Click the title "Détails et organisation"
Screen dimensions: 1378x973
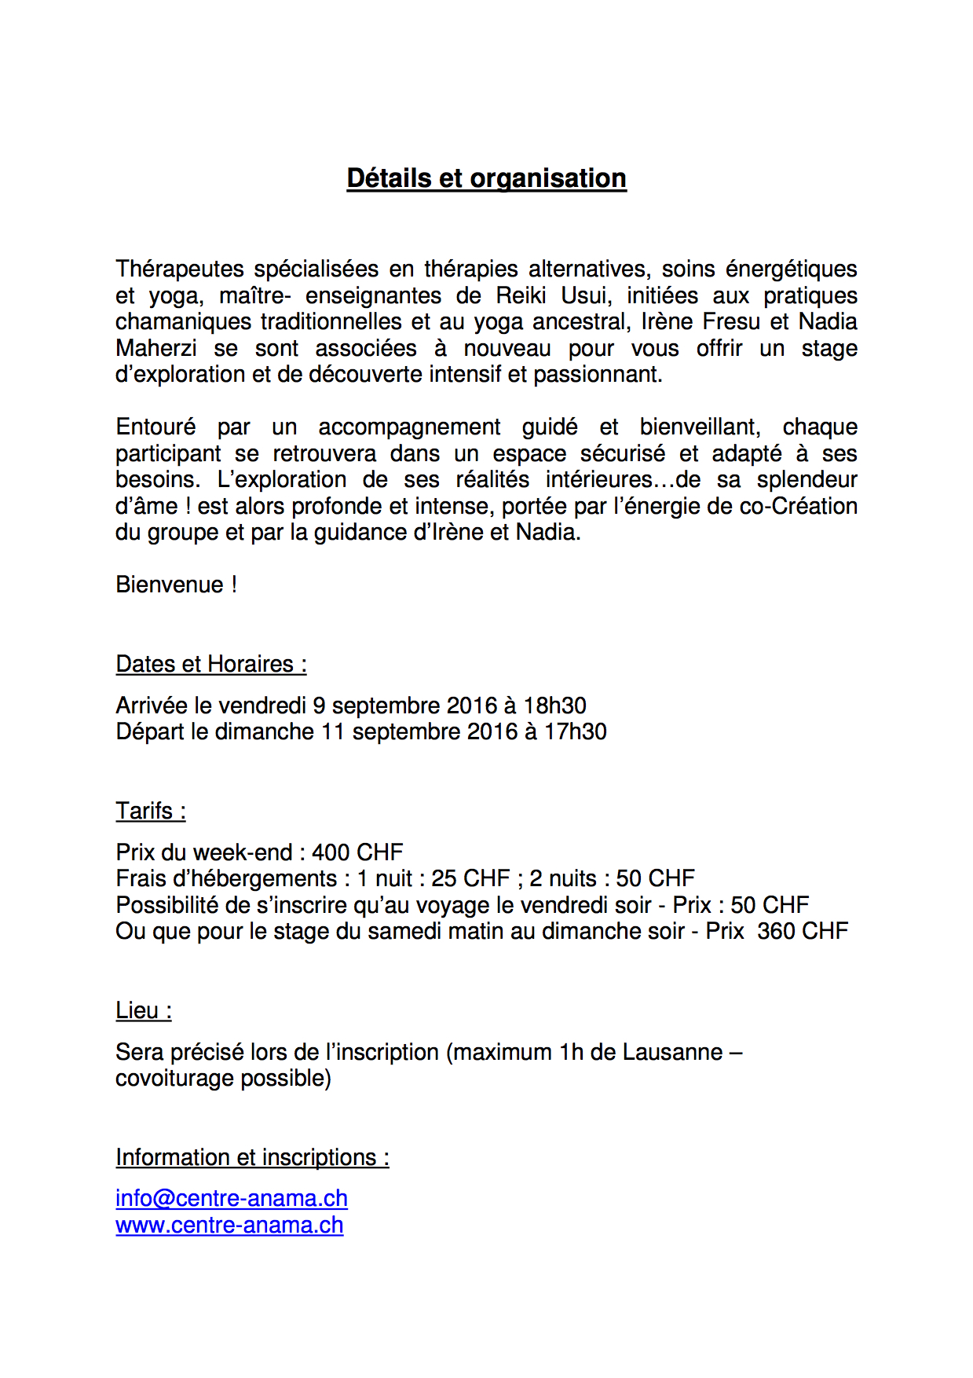pos(486,178)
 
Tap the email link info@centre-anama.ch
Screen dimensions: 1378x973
pos(231,1198)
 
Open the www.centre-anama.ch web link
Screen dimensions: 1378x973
pos(229,1225)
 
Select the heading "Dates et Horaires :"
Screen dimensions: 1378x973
pos(210,664)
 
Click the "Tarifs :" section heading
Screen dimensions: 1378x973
pos(151,811)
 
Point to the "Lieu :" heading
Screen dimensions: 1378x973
pos(144,1010)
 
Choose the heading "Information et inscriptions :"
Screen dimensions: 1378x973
pos(252,1157)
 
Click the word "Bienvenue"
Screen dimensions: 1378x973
pos(170,585)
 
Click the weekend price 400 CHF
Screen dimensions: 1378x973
pos(357,852)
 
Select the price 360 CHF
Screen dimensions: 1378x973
pos(803,931)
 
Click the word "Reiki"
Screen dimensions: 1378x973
pos(521,295)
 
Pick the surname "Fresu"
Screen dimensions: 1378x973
pos(731,322)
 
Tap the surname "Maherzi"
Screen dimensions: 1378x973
pos(156,348)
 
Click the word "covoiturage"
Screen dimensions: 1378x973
pos(174,1078)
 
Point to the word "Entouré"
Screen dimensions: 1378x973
pos(155,427)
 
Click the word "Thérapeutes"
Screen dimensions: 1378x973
pos(180,269)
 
